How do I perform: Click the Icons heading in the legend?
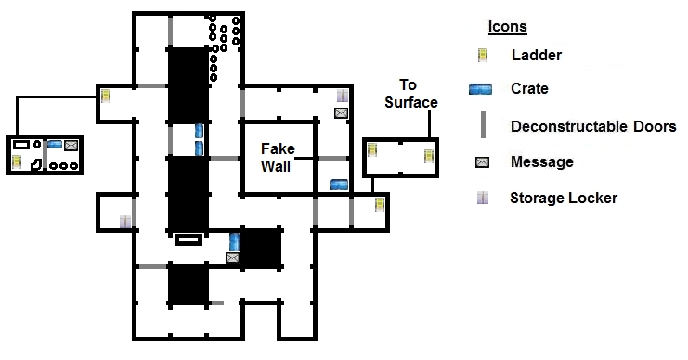tap(507, 26)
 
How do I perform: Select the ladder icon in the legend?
tap(483, 56)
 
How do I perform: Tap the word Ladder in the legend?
tap(536, 56)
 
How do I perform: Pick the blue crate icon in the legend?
tap(480, 89)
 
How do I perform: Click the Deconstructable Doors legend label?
tap(593, 127)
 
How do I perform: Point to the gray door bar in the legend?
tap(483, 125)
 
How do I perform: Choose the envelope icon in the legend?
tap(482, 162)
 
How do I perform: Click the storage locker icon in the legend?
tap(483, 198)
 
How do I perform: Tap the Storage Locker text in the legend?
tap(564, 199)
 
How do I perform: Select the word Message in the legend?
tap(542, 161)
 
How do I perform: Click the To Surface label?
tap(411, 94)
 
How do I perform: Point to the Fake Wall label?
tap(277, 158)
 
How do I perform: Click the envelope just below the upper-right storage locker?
tap(341, 113)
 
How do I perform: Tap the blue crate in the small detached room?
tap(55, 144)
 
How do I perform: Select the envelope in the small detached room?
tap(71, 145)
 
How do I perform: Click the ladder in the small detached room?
tap(17, 161)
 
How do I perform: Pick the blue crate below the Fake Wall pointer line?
tap(339, 185)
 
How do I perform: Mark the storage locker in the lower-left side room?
tap(125, 222)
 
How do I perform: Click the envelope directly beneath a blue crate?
tap(232, 258)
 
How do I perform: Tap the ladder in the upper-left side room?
tap(106, 96)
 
